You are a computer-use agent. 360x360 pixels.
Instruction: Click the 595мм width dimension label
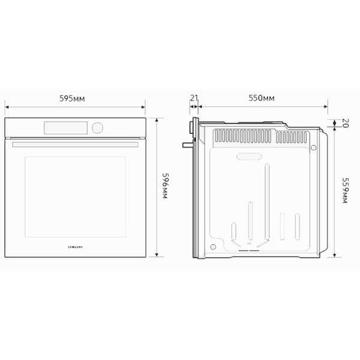(76, 97)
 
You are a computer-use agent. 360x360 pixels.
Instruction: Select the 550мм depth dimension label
(262, 97)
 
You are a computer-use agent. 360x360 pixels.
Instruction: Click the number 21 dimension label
(194, 97)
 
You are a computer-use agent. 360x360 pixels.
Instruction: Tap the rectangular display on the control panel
(66, 127)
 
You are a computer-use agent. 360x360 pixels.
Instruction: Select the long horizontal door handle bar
(76, 145)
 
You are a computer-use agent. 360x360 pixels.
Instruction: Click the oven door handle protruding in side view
(188, 144)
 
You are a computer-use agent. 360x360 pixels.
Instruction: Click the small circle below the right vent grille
(313, 147)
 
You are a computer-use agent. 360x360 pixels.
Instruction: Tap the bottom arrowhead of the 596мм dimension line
(157, 256)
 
